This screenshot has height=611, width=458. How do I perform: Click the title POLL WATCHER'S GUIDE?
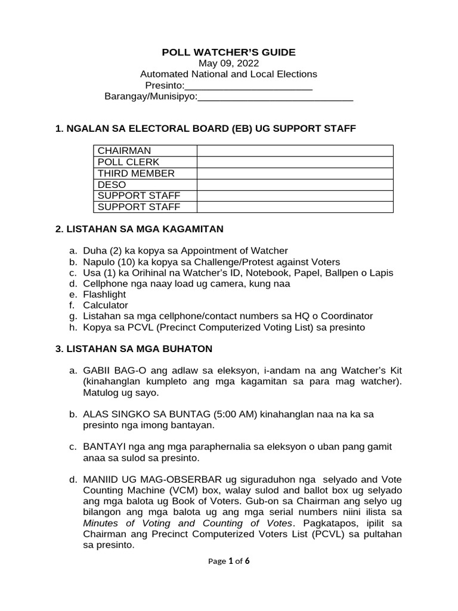228,53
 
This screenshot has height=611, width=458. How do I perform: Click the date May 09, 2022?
228,63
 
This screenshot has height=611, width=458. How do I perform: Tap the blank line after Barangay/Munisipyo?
276,97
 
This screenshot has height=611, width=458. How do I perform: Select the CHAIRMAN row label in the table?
125,150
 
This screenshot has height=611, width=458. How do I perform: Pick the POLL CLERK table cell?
128,162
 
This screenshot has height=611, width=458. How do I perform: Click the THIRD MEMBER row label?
136,173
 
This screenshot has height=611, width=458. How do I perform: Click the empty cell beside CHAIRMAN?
295,150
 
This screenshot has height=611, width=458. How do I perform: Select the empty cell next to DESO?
295,184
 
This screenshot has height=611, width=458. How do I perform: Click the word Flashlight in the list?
104,295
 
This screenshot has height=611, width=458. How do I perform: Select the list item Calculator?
106,305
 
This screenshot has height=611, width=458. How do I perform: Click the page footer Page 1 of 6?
228,561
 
